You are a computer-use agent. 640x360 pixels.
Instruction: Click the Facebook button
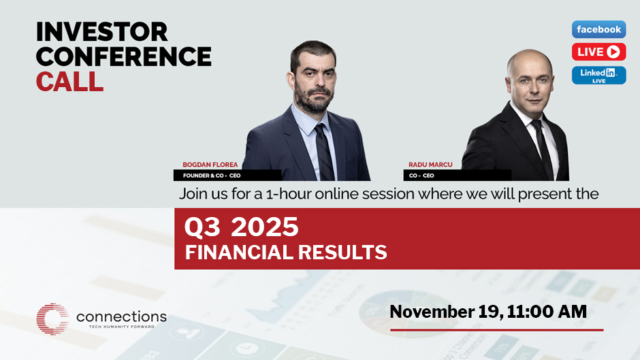click(x=598, y=29)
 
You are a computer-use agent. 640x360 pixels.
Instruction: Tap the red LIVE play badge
click(x=598, y=52)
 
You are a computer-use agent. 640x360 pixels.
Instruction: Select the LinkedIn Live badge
click(x=598, y=75)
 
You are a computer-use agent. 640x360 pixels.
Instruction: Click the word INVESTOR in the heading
click(x=102, y=32)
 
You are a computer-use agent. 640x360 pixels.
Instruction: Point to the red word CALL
click(x=69, y=81)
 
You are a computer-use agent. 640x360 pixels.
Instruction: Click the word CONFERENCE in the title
click(x=124, y=56)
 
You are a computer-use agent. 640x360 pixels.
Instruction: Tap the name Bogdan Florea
click(x=210, y=165)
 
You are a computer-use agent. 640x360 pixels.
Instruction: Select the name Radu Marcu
click(x=430, y=165)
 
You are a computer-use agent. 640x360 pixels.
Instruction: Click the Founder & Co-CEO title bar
click(x=227, y=176)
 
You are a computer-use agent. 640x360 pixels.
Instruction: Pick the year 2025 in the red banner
click(x=264, y=227)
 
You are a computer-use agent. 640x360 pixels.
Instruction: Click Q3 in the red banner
click(x=202, y=227)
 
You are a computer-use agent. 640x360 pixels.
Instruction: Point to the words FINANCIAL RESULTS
click(x=286, y=252)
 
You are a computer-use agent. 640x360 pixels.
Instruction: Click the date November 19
click(x=444, y=312)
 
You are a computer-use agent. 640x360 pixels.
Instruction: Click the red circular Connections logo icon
click(x=52, y=318)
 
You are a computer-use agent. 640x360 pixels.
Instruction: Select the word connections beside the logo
click(x=121, y=316)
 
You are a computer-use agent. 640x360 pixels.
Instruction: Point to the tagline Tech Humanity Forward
click(x=122, y=327)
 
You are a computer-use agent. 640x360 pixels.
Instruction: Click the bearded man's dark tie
click(x=325, y=152)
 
